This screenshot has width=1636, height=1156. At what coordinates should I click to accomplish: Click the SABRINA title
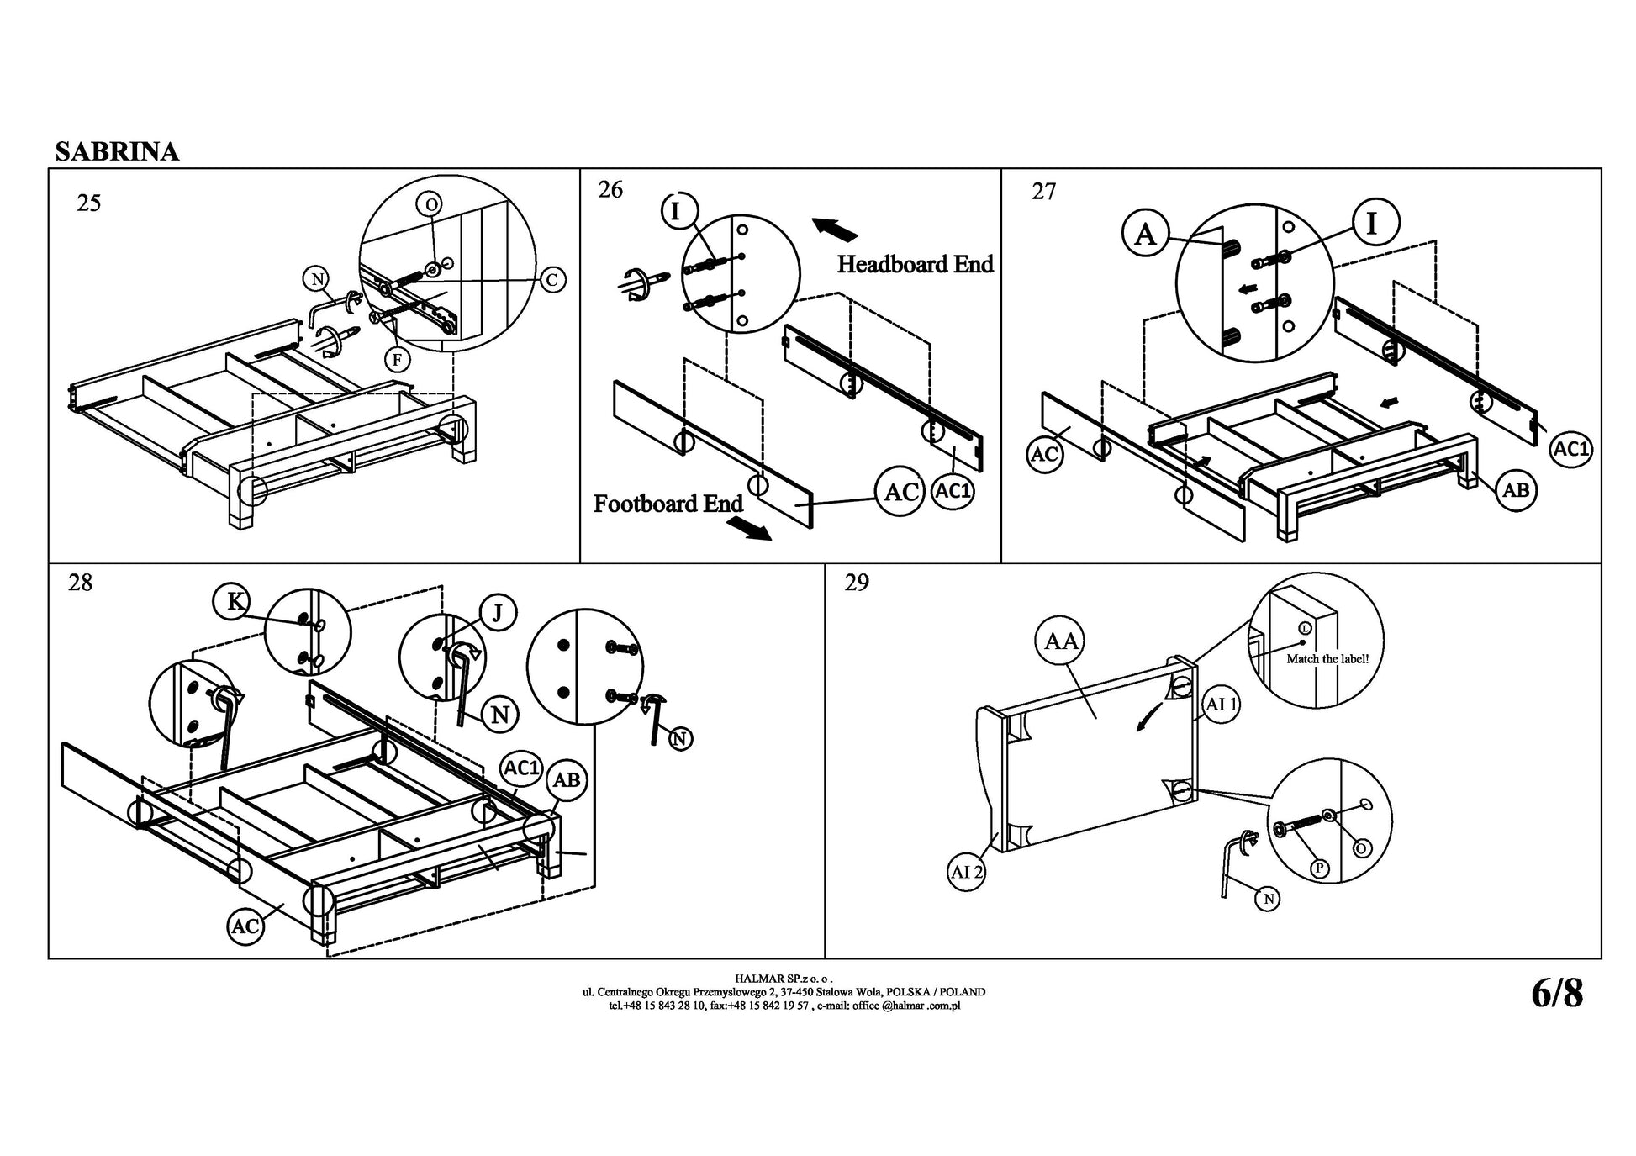117,151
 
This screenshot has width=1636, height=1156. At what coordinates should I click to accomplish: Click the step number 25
88,203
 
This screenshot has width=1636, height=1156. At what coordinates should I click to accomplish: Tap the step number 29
856,583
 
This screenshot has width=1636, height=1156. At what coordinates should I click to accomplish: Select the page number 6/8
1556,994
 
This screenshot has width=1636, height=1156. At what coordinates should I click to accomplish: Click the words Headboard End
915,265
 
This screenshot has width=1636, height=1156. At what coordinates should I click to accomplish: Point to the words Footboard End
668,504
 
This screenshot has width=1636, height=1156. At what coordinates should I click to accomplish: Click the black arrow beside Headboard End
835,228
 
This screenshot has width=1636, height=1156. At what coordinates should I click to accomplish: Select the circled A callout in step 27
1145,234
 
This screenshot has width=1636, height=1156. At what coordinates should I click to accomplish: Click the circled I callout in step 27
1373,224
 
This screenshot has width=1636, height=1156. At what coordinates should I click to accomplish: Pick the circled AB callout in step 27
1515,489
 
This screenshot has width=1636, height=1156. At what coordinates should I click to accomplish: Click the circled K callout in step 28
236,601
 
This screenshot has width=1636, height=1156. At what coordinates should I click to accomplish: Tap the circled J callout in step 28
497,613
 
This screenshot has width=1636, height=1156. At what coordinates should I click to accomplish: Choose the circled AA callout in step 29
1060,641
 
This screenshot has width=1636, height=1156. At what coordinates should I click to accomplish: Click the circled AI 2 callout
967,872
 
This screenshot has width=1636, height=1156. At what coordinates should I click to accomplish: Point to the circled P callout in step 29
1320,868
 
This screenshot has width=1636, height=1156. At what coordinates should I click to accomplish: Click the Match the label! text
1327,659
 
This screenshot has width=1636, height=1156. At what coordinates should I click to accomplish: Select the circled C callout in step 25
551,279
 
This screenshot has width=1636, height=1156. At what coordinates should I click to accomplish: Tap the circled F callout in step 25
397,360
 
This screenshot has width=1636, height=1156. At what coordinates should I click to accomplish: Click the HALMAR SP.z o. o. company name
784,979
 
